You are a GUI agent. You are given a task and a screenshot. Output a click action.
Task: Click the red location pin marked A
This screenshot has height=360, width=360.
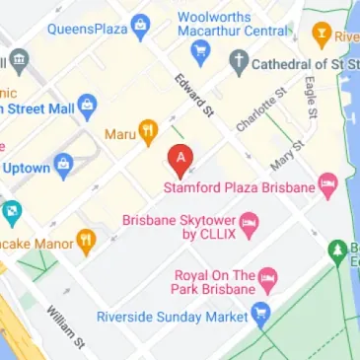tap(180, 159)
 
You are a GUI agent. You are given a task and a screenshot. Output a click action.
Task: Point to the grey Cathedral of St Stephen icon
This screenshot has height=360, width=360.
tap(239, 63)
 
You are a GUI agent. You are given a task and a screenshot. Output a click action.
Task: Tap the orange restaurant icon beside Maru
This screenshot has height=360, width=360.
tap(147, 129)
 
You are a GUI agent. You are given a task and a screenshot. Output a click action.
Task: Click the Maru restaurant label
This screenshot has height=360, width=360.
tap(118, 131)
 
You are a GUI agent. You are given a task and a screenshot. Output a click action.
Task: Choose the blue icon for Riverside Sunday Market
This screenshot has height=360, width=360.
tap(260, 317)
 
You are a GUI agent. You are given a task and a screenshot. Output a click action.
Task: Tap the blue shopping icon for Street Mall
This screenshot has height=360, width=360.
tap(87, 104)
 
